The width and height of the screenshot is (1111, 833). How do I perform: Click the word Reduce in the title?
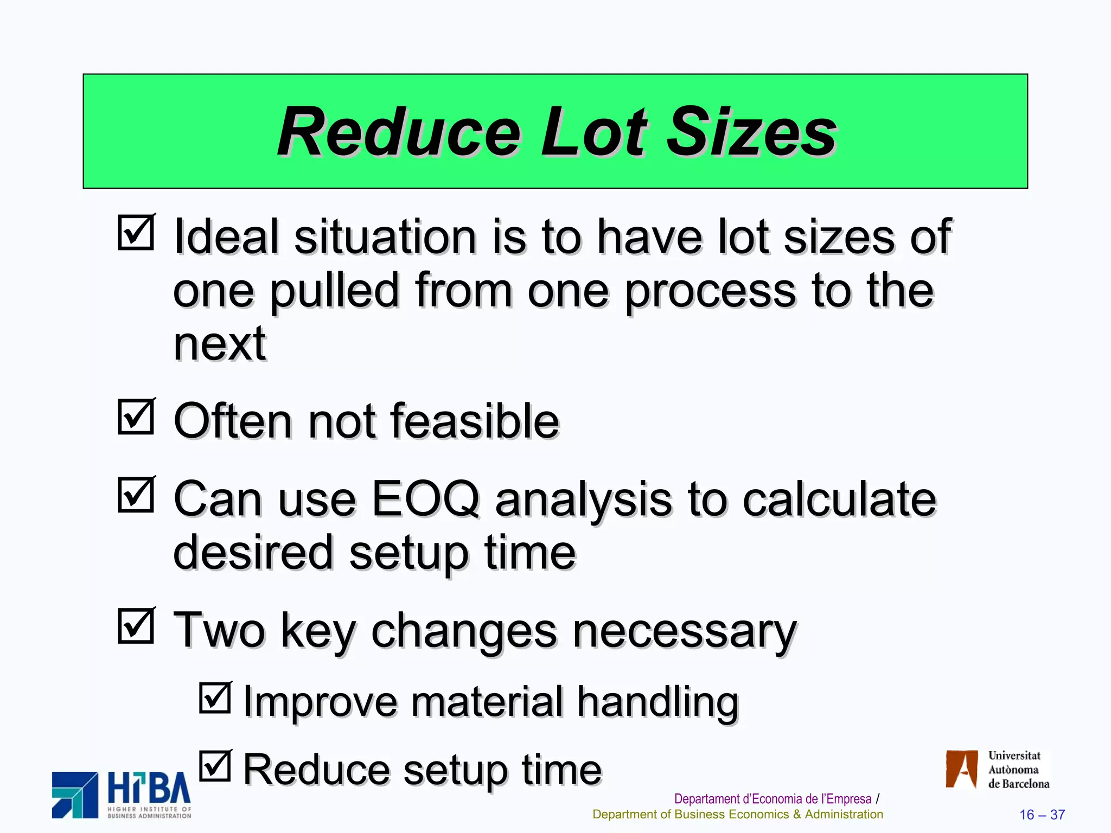[399, 132]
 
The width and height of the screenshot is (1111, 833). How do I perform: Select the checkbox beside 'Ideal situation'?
[136, 232]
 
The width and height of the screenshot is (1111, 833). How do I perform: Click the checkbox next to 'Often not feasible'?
[136, 416]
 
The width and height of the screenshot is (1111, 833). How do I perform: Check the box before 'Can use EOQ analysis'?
[136, 495]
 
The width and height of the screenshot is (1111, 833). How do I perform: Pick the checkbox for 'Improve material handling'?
[215, 697]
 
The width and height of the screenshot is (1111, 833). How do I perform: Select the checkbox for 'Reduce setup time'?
[215, 766]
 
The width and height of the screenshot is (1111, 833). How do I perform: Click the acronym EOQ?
[426, 499]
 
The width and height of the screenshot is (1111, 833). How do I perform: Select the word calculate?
[839, 499]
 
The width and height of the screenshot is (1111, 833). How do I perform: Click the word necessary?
[685, 631]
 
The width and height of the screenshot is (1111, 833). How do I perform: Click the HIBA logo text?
[149, 789]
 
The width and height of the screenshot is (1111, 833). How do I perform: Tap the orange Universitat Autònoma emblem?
[962, 768]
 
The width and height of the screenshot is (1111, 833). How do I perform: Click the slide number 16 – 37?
[1042, 815]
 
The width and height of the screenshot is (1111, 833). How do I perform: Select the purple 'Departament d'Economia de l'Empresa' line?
[772, 799]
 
